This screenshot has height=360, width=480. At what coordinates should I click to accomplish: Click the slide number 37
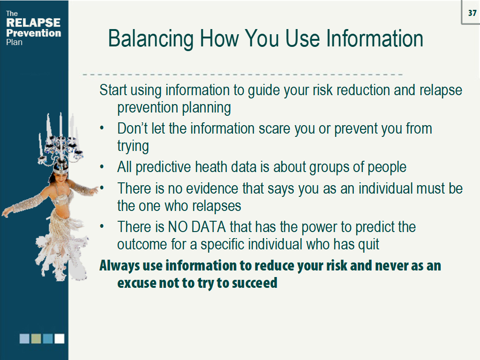tap(472, 13)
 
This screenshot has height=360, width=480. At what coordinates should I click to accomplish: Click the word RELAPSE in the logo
tap(33, 22)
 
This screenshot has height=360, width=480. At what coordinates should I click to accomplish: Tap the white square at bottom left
tap(60, 338)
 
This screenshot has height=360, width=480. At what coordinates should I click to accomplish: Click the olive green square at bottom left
tap(36, 338)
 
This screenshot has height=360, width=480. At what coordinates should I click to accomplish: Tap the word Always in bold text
tap(120, 266)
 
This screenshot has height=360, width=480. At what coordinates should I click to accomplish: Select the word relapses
tap(218, 206)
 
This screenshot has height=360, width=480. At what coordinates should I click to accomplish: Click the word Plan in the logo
tap(14, 42)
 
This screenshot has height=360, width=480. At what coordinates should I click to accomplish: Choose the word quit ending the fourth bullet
tap(369, 244)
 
